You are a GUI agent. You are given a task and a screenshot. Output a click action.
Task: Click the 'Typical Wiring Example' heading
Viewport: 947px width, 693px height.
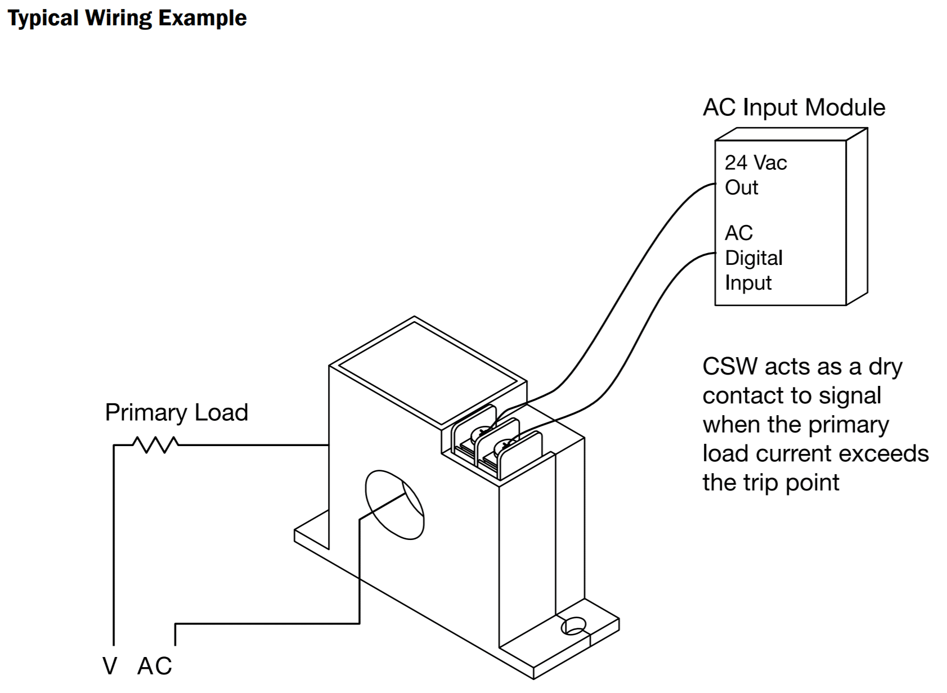[127, 18]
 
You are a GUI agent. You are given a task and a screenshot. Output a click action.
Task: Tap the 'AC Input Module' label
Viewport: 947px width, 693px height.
[794, 107]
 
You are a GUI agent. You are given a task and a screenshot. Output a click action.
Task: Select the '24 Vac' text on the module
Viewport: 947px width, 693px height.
[755, 163]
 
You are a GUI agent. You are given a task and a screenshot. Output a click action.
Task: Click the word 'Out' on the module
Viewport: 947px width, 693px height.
[741, 187]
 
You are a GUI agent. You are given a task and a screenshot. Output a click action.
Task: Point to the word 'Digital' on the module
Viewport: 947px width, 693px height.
[753, 258]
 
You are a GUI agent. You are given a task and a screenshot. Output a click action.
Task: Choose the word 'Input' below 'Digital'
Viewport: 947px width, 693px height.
[748, 282]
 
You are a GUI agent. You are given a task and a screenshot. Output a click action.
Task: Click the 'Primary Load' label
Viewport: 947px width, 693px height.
[176, 412]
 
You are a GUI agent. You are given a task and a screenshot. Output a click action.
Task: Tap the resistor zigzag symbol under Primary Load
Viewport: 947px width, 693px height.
[155, 445]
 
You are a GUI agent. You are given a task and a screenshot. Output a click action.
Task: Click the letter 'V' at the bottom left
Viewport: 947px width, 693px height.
[110, 666]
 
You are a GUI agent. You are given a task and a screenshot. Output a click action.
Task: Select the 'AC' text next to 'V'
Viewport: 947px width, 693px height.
[154, 666]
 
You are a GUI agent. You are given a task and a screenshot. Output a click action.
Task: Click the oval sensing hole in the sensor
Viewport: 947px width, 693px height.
[394, 505]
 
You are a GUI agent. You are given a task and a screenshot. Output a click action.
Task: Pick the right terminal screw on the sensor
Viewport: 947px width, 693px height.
[505, 447]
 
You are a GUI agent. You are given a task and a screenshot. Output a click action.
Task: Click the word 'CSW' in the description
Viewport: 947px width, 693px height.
[730, 367]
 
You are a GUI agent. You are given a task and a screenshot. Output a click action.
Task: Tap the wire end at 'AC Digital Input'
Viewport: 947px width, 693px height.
[713, 254]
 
